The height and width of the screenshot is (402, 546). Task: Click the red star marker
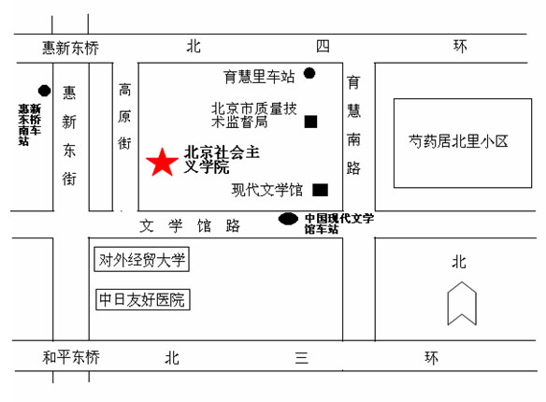(x=162, y=162)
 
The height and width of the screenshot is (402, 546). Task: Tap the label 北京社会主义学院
(x=222, y=160)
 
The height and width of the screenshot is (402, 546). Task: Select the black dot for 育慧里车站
(x=309, y=74)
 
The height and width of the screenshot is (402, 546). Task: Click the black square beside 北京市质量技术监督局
(x=310, y=122)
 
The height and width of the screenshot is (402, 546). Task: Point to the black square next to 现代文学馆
(x=320, y=190)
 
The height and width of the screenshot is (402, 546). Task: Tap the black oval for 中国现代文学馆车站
(x=288, y=219)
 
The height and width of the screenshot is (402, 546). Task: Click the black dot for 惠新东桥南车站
(x=44, y=91)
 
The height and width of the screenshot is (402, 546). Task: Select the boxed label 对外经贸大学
(x=142, y=259)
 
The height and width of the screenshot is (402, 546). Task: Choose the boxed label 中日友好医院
(x=143, y=299)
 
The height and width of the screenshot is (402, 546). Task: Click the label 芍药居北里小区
(x=458, y=141)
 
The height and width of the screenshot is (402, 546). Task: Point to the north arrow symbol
(x=462, y=303)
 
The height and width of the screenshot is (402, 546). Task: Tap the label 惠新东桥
(x=71, y=48)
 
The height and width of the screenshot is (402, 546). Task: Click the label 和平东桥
(x=71, y=357)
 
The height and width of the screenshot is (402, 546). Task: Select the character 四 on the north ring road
(x=323, y=46)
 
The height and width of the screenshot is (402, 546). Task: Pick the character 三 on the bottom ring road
(x=302, y=357)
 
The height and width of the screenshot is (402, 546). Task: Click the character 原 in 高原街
(x=124, y=117)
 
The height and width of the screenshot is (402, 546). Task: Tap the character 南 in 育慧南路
(x=353, y=139)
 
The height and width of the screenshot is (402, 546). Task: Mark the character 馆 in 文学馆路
(x=204, y=225)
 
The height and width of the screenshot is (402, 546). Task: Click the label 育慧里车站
(x=259, y=77)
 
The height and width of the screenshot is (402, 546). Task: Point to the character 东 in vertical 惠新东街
(x=69, y=151)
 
